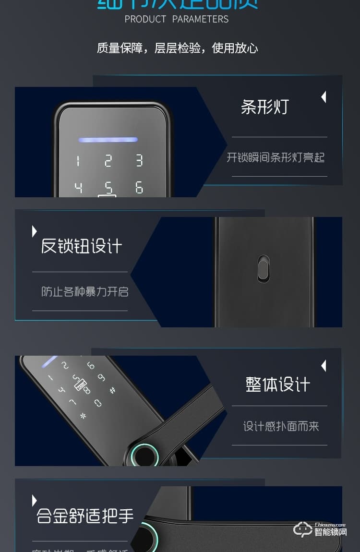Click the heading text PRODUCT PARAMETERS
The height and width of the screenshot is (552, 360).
coord(177,19)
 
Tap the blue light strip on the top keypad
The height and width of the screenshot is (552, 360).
coord(108,140)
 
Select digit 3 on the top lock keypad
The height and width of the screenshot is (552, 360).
coord(139,160)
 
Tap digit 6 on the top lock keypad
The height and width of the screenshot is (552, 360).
coord(139,187)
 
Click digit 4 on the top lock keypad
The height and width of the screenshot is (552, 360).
coord(78,187)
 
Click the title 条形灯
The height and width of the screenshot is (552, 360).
coord(264,107)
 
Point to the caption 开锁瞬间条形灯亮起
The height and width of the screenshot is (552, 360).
coord(276,157)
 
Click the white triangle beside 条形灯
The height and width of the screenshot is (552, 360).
coord(324,97)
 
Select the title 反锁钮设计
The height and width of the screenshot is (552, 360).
coord(81,246)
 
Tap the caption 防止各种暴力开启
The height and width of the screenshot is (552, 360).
coord(84,291)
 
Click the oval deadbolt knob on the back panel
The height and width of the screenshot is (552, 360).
coord(263,268)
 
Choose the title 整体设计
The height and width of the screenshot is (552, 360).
coord(278,384)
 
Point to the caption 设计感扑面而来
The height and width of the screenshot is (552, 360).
coord(281,426)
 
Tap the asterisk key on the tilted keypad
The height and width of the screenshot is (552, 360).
coord(83,416)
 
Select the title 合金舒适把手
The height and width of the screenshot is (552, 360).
coord(85,516)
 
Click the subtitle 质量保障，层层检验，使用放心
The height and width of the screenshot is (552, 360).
coord(177,48)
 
